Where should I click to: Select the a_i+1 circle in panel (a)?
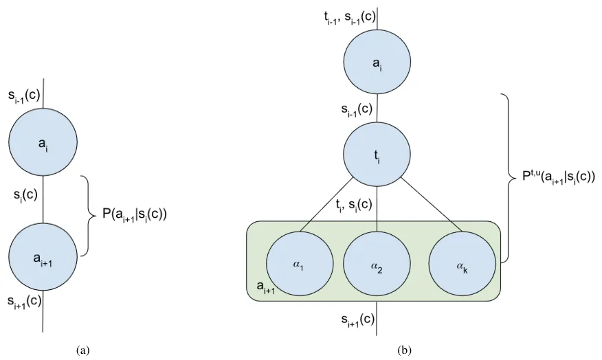(x=43, y=256)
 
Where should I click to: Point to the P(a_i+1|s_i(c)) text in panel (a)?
(x=135, y=214)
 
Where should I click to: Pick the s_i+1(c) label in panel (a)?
(x=25, y=300)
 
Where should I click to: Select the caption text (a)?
(x=83, y=350)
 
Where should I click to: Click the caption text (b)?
(x=405, y=350)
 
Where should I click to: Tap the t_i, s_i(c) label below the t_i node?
(x=355, y=203)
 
